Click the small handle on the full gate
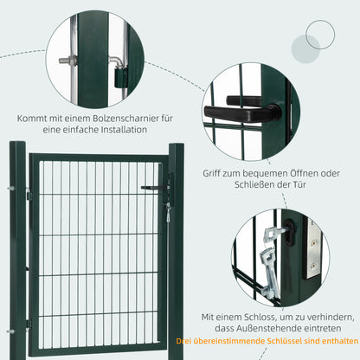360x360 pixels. [157, 186]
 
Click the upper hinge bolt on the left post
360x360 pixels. [12, 190]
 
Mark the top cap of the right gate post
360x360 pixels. [177, 145]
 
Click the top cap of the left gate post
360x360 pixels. [17, 143]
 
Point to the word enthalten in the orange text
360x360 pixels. [332, 344]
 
